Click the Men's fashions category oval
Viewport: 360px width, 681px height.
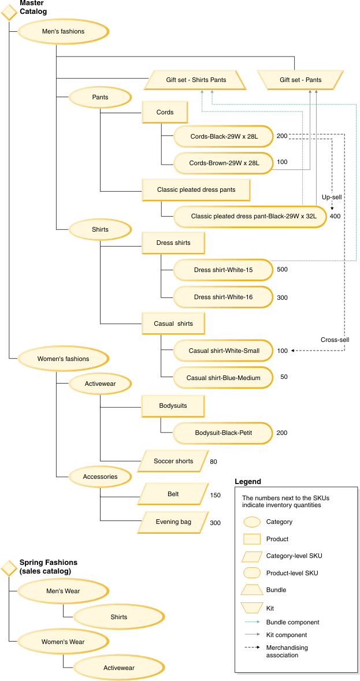point(63,31)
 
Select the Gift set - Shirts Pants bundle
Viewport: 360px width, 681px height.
point(195,80)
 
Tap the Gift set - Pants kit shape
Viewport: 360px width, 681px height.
point(300,80)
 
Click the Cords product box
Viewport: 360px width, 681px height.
point(165,112)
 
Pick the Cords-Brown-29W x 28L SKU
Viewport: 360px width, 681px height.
point(224,163)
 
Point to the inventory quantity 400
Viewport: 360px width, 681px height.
point(335,216)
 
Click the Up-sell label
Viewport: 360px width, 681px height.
point(332,197)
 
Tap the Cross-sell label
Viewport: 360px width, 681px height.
point(335,340)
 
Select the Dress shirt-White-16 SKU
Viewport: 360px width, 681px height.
point(223,297)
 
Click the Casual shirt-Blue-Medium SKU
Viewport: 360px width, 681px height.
point(223,378)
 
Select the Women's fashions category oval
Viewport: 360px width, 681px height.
point(63,359)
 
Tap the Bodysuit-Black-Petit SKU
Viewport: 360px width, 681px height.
point(223,433)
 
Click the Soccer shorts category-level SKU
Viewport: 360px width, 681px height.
point(173,461)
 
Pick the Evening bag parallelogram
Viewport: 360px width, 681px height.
point(173,522)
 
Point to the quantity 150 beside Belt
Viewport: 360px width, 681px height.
point(216,495)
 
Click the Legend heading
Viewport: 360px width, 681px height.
point(248,481)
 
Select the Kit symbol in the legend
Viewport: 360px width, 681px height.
point(252,608)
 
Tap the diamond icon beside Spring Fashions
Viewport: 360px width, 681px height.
point(9,568)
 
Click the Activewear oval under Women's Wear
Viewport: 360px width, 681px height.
point(118,668)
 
